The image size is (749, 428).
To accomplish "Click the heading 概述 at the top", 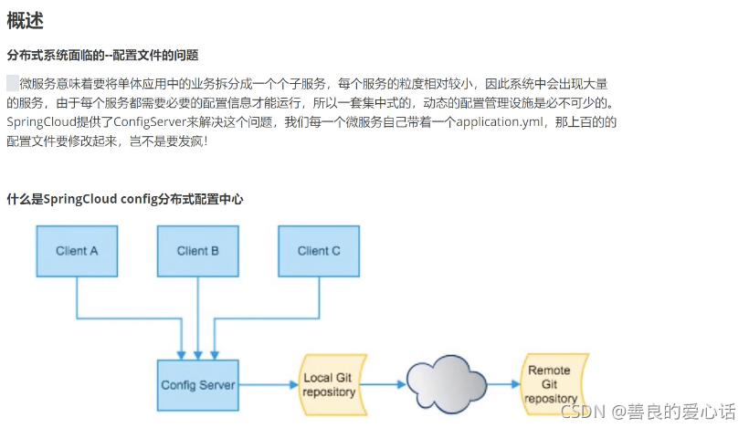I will coord(25,20).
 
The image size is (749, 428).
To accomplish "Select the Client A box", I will coord(77,250).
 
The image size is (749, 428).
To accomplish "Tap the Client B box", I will coord(197,250).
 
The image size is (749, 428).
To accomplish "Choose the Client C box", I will coord(319,250).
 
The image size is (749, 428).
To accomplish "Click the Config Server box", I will coord(197,384).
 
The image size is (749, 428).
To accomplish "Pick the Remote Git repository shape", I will coord(550,384).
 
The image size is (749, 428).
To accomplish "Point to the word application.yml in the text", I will coord(501,121).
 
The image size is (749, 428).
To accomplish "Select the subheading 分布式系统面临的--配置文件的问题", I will coord(102,56).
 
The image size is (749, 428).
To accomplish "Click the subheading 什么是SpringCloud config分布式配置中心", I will coord(125,198).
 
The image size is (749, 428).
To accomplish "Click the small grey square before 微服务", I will coord(13,82).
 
